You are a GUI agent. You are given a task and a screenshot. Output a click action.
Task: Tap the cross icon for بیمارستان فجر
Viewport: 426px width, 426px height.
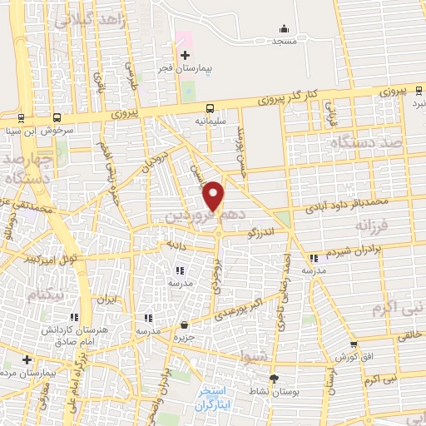185,55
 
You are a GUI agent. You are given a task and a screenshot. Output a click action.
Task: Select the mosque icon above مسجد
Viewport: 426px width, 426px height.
285,28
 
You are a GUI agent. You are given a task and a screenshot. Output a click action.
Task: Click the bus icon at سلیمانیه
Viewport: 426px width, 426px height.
210,107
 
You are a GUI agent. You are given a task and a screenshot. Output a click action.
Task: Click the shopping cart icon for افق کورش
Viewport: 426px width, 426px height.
354,344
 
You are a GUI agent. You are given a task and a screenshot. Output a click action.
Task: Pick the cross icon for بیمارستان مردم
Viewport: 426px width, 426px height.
27,360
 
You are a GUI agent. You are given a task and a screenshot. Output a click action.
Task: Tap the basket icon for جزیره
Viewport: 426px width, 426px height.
184,325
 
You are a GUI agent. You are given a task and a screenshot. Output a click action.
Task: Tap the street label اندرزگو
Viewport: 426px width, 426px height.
262,234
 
